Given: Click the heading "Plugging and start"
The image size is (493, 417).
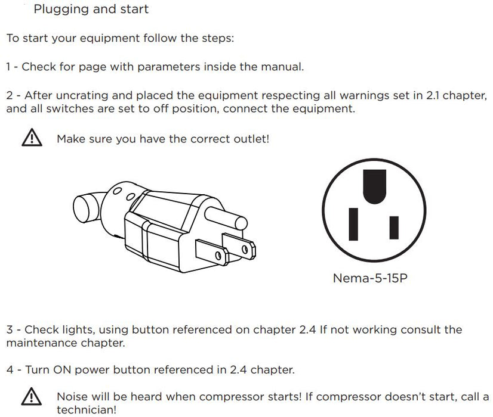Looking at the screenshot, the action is point(91,9).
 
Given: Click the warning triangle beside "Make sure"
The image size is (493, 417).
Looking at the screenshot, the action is point(32,138).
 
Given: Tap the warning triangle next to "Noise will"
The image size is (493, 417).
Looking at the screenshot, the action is point(32,397).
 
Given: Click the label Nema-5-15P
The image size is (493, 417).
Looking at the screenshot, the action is point(370,278).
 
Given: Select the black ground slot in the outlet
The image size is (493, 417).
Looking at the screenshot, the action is point(374,186).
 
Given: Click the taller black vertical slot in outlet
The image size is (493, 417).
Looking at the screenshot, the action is point(353,224).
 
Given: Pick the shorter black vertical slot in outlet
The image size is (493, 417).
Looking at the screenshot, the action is point(394,228).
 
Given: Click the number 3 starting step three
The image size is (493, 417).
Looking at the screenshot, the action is point(10,330).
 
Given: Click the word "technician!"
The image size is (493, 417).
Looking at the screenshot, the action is point(87,410).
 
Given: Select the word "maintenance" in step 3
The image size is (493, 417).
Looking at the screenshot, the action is point(42,343).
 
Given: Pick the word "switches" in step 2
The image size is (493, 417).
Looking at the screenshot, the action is point(70,108).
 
